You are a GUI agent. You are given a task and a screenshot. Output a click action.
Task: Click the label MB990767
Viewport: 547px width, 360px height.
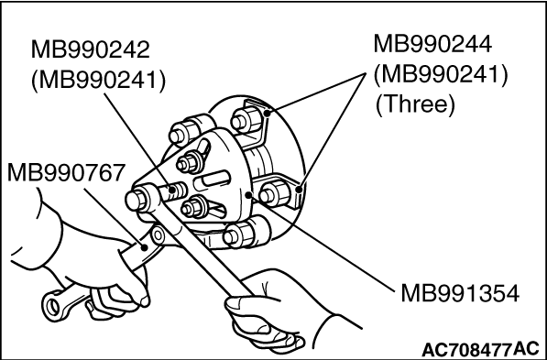click(x=66, y=173)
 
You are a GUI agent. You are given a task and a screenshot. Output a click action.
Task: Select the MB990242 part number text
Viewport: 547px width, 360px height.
click(x=91, y=49)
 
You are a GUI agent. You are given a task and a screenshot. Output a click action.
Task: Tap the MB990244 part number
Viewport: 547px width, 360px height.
click(x=432, y=44)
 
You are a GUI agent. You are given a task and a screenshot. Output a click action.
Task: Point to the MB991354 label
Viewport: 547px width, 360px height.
click(x=460, y=293)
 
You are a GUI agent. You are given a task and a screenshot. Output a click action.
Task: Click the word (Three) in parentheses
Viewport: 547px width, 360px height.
click(x=415, y=104)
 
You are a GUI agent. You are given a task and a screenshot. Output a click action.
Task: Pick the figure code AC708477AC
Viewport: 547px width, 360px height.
click(x=480, y=349)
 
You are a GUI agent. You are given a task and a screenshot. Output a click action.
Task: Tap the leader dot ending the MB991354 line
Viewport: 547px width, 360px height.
click(x=248, y=194)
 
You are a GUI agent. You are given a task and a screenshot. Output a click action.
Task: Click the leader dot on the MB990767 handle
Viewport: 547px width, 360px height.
click(x=144, y=247)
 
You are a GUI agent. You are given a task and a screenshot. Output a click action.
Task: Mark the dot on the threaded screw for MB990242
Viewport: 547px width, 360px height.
click(x=172, y=191)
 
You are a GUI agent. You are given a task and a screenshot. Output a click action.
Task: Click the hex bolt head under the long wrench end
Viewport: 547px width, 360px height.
click(x=136, y=201)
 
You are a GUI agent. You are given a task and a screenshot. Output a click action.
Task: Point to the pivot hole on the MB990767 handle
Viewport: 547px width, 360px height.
click(x=158, y=235)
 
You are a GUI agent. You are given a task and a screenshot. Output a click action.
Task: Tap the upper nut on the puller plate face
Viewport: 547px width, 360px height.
click(x=189, y=162)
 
